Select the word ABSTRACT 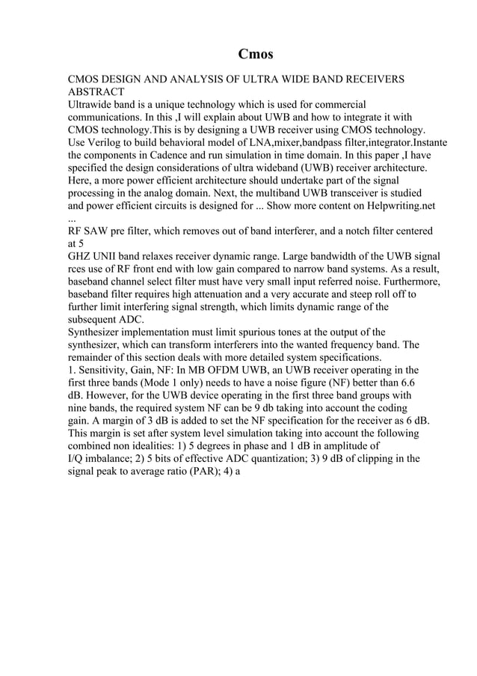coord(96,91)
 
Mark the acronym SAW coord(99,231)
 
